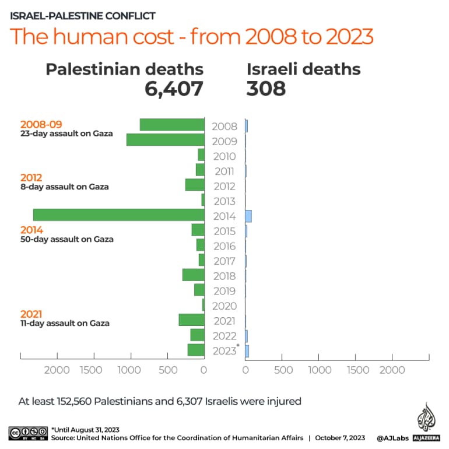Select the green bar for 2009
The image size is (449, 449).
coord(165,140)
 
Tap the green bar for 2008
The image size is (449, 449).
coord(172,125)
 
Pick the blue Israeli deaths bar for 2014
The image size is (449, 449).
coord(248,216)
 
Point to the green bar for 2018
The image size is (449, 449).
coord(193,275)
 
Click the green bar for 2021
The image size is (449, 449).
coord(191,320)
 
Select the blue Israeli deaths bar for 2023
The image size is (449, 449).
coord(247,350)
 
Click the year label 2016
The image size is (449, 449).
coord(224,246)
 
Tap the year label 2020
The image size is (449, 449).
coord(224,306)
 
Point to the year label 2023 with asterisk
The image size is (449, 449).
coord(226,350)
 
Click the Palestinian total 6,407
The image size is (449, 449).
coord(174,89)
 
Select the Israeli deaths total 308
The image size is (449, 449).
coord(266,89)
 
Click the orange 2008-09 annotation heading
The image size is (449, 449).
coord(41,124)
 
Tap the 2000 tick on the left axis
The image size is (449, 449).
coord(57,370)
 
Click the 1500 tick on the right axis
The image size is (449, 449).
coord(357,370)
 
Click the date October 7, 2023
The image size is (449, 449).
coord(339,437)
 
